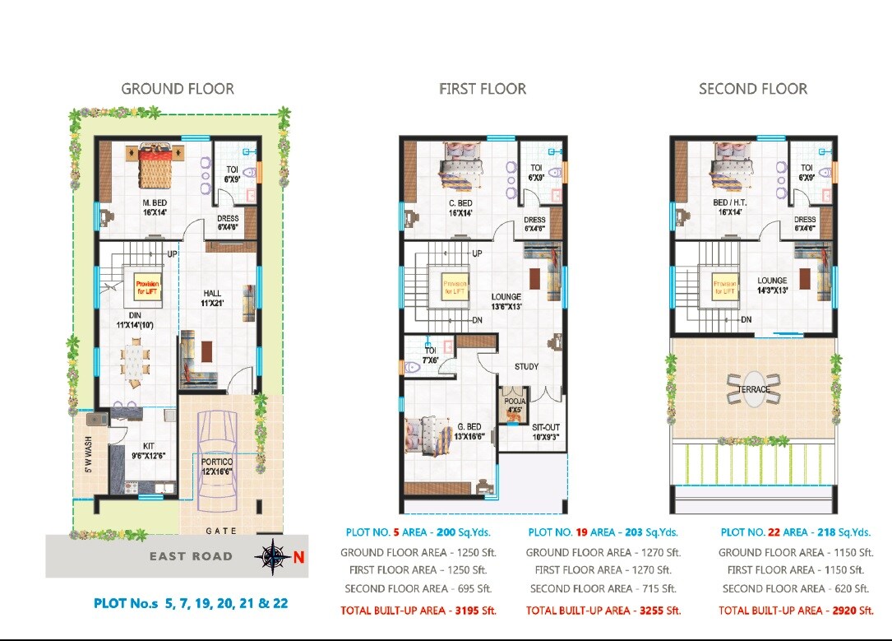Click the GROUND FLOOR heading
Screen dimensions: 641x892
(x=178, y=89)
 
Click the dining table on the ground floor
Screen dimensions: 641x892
(x=134, y=361)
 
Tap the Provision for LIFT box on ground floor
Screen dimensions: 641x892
(x=148, y=287)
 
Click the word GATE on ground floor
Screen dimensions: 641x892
(x=222, y=532)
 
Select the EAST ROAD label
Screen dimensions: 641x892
(x=191, y=556)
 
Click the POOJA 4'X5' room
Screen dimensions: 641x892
(x=513, y=405)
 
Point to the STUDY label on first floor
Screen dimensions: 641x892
(x=526, y=366)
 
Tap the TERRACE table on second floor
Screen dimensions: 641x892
(x=754, y=389)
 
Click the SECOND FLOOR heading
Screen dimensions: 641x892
(x=753, y=89)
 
